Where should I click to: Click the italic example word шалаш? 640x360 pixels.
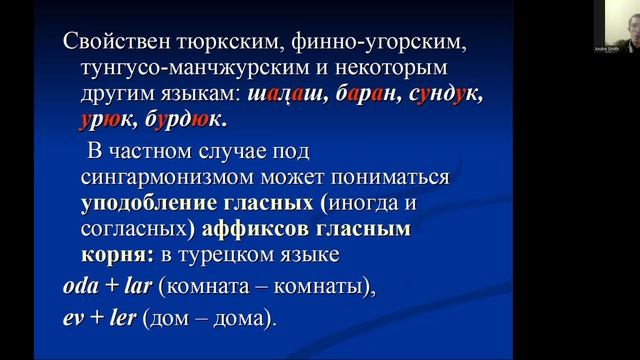[291, 95]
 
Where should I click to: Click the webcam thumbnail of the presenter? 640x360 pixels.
[611, 26]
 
